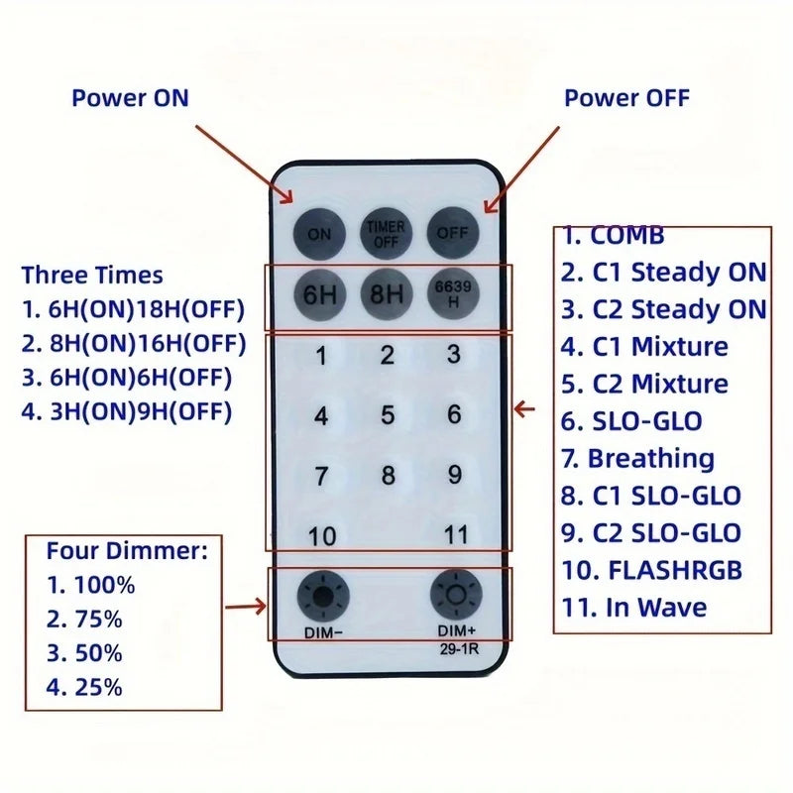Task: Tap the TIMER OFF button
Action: (x=386, y=234)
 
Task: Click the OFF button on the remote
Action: (x=453, y=233)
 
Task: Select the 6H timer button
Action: (x=319, y=294)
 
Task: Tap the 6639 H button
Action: (x=453, y=293)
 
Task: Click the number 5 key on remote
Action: (x=388, y=415)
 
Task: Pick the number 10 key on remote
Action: (x=322, y=536)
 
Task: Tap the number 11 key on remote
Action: (x=456, y=534)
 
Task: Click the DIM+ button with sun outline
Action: (x=456, y=595)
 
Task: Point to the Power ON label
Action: (x=130, y=97)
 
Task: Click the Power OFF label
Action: (x=626, y=97)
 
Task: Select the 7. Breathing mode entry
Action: (x=637, y=459)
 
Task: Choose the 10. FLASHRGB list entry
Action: (x=652, y=570)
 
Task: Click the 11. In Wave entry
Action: (x=634, y=608)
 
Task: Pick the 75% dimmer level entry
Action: (x=84, y=619)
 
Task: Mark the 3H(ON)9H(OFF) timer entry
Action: (x=127, y=411)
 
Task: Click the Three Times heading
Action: (x=92, y=276)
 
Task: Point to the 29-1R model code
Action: (x=459, y=649)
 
